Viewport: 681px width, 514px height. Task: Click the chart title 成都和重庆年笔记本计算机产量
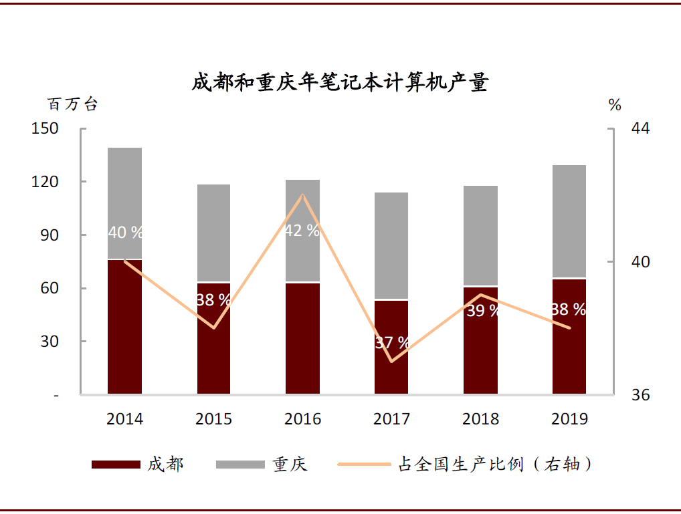coord(340,83)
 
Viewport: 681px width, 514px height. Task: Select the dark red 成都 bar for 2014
coord(124,328)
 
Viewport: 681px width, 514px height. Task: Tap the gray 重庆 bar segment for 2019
coord(569,221)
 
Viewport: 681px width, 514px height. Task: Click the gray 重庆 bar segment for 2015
coord(213,233)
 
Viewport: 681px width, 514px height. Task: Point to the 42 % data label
coord(302,231)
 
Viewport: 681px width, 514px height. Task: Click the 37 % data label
coord(392,343)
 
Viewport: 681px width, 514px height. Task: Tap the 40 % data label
coord(125,233)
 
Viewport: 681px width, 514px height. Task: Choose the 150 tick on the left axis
coord(45,128)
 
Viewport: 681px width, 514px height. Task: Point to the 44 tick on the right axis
coord(640,128)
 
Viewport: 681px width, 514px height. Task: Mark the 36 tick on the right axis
coord(640,395)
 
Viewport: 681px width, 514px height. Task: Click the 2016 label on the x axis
coord(302,419)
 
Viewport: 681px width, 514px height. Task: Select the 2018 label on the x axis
coord(480,419)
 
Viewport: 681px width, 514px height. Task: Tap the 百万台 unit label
coord(72,104)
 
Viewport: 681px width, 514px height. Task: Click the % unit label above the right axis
coord(615,104)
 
